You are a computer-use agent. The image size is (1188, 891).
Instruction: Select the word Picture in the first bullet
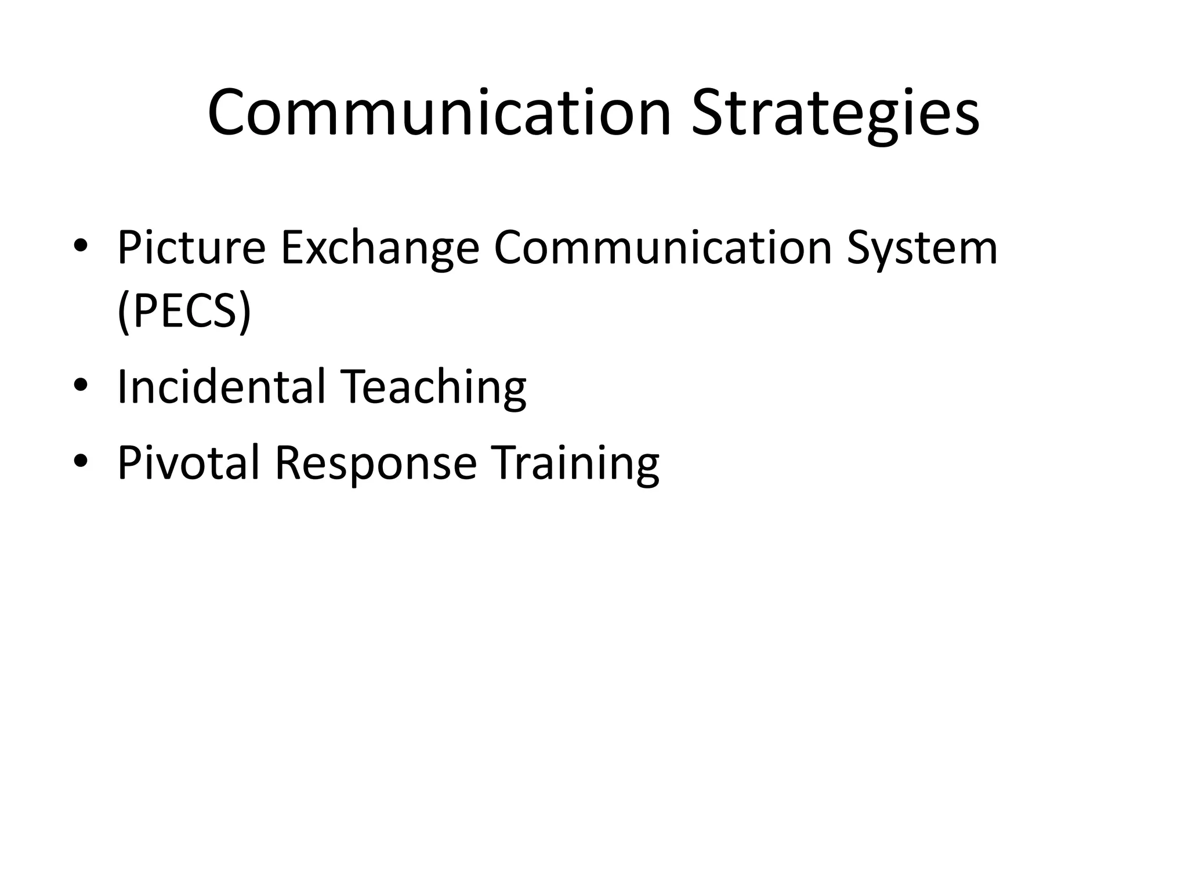click(191, 248)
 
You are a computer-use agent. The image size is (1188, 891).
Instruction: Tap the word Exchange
click(380, 248)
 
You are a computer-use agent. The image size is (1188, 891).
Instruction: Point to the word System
click(922, 248)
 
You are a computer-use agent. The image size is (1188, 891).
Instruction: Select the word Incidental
click(221, 387)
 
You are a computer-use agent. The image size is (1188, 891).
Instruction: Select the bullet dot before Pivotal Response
click(81, 461)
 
